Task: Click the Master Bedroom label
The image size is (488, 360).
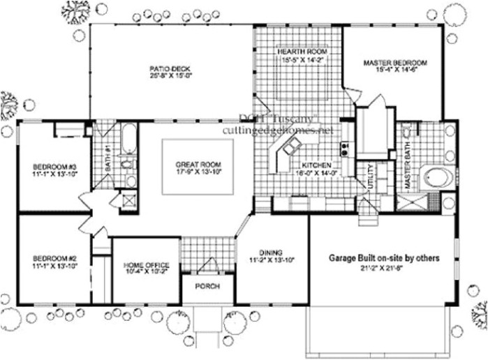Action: tap(394, 63)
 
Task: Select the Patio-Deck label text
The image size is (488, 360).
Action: tap(170, 68)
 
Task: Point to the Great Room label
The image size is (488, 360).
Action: tap(198, 165)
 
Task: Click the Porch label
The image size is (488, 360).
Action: tap(207, 286)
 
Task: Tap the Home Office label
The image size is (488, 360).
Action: tap(145, 265)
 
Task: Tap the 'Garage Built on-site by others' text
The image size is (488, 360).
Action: tap(384, 258)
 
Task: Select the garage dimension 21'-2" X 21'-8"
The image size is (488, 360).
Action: tap(384, 268)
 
